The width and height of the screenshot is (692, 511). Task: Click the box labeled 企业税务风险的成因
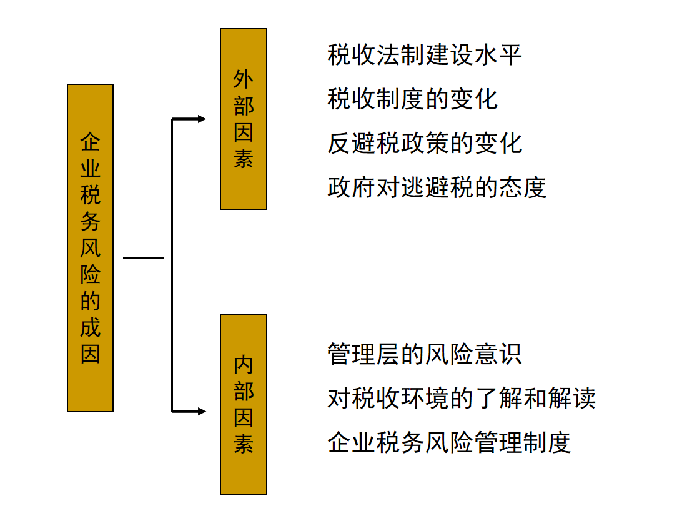(x=90, y=248)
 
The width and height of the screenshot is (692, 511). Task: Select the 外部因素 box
(x=244, y=119)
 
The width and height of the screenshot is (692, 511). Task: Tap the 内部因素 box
(x=244, y=404)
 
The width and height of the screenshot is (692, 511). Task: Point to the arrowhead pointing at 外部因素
(x=201, y=119)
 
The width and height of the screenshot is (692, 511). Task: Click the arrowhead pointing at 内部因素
(x=201, y=411)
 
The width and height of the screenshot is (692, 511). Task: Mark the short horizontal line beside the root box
(x=143, y=257)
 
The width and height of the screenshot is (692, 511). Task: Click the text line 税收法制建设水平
(x=425, y=55)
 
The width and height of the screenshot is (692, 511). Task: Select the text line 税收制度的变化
(x=412, y=99)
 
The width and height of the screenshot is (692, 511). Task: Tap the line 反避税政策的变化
(x=425, y=143)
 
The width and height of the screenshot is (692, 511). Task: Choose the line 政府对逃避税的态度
(x=437, y=187)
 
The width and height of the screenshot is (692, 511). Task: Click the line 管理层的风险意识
(x=425, y=354)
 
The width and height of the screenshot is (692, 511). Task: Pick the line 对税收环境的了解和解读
(x=461, y=398)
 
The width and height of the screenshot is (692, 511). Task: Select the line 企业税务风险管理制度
(x=449, y=442)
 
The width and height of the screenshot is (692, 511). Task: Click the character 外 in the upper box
(x=244, y=80)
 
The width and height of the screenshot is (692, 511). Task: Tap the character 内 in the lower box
(x=244, y=365)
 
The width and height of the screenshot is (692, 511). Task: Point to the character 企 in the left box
(x=90, y=142)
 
